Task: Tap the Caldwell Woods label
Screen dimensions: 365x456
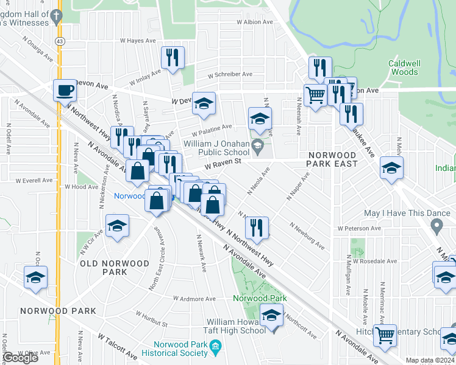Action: point(403,68)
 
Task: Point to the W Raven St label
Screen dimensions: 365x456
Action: point(223,162)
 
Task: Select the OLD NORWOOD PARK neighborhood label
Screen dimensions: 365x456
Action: point(114,268)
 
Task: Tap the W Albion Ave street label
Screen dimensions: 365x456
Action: point(257,22)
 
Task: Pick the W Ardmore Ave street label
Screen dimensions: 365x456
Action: point(194,299)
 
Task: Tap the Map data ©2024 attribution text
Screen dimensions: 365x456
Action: point(430,360)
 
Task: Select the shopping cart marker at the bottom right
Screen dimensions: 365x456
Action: point(385,335)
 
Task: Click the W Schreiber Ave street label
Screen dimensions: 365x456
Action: point(230,74)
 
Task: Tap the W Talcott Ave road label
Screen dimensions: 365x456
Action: point(118,346)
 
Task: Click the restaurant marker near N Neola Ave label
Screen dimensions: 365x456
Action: point(257,228)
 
